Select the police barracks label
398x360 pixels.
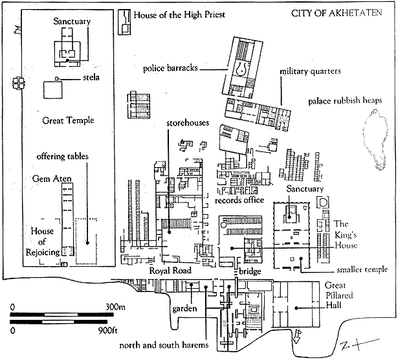coord(171,68)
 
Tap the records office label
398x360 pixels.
coord(239,200)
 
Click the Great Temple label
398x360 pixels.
coord(68,120)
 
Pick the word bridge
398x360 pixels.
coord(249,270)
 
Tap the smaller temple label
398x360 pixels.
coord(361,269)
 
